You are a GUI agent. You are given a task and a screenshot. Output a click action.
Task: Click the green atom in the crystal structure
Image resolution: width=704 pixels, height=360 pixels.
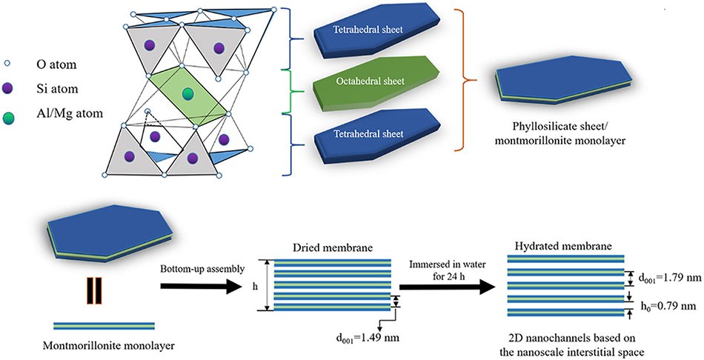coord(188,93)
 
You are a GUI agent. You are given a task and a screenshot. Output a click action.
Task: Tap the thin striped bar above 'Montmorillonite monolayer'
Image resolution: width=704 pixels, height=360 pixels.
coord(104,325)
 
